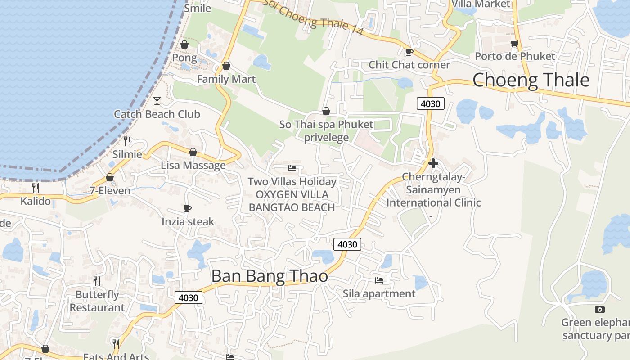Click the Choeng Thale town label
531,80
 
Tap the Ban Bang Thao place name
270,276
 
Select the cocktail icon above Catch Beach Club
157,100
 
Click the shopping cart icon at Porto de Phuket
514,44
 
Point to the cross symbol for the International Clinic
433,163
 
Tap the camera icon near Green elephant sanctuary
599,309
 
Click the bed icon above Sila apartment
379,280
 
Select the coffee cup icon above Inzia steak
188,208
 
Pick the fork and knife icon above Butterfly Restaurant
97,281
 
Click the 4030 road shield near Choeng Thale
430,103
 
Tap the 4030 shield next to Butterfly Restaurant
188,297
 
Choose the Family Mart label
226,79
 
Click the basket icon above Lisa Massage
193,152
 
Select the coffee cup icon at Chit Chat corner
409,52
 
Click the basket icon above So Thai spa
326,111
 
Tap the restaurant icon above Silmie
127,141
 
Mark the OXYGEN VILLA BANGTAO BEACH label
292,201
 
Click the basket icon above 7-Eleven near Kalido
109,177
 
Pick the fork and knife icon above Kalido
36,188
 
